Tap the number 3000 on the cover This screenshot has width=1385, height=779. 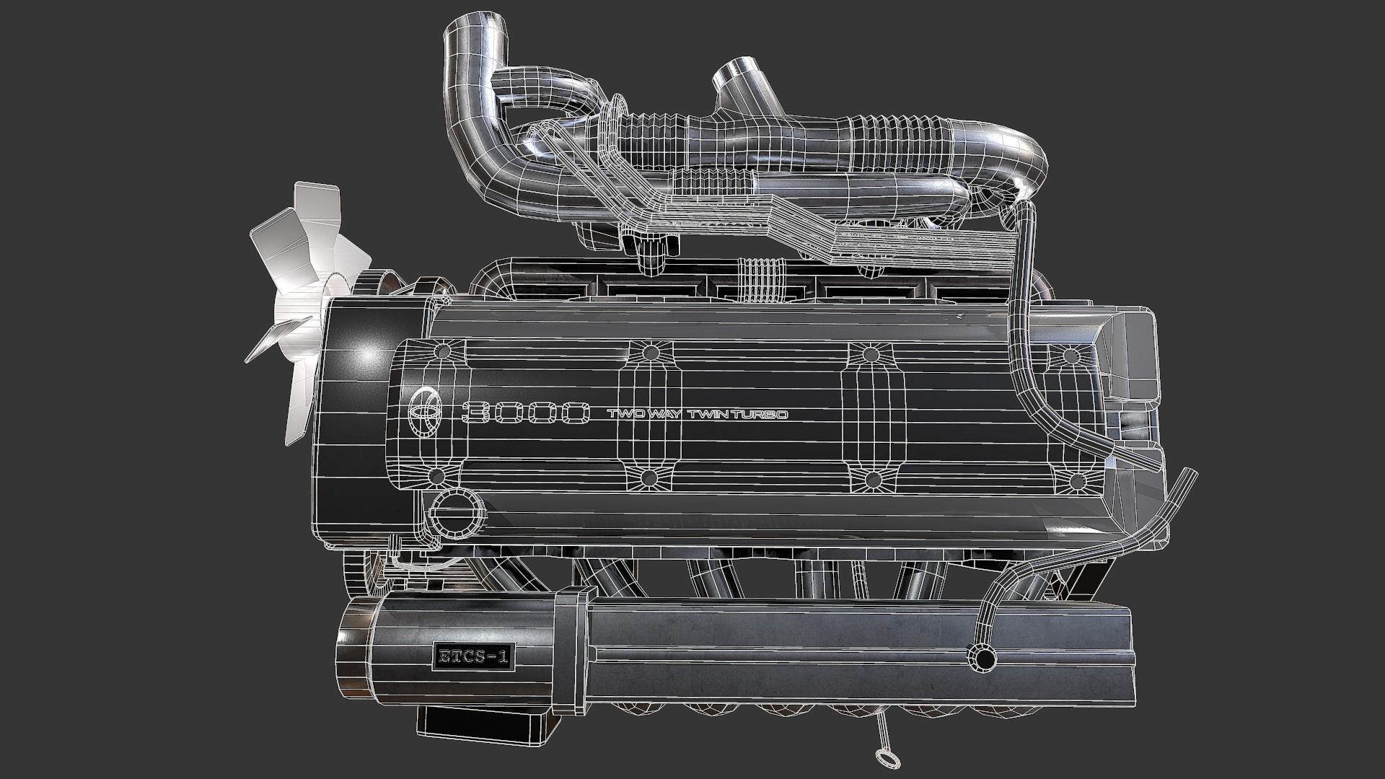(526, 413)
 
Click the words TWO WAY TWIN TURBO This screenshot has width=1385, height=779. (696, 415)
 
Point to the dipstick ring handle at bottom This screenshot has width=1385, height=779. (884, 758)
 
